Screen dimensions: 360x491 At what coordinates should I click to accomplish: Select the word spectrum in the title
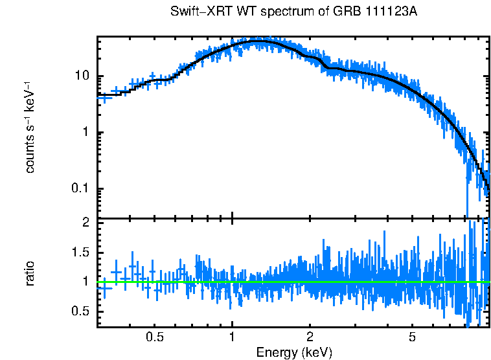273,12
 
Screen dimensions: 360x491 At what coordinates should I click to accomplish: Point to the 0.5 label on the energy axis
154,338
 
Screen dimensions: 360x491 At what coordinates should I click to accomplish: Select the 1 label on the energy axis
232,338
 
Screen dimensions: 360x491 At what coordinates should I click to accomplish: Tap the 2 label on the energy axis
310,338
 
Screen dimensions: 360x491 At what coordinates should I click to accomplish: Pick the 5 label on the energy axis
412,338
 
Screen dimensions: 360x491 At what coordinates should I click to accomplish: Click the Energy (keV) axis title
294,352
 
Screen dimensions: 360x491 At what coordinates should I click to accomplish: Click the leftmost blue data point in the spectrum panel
104,96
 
